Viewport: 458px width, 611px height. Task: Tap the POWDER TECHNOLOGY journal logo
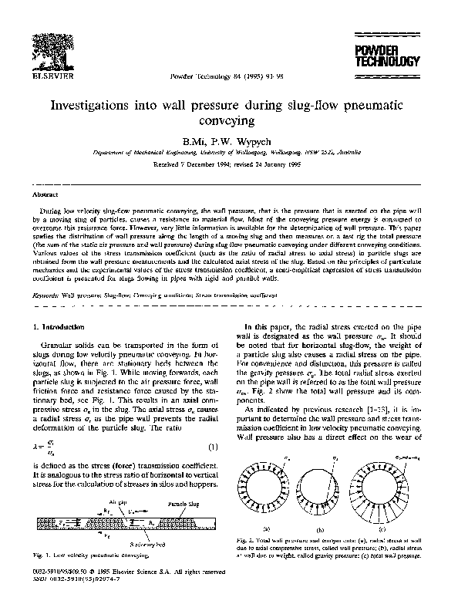pos(397,56)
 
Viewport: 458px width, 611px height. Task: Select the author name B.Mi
pos(192,141)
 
